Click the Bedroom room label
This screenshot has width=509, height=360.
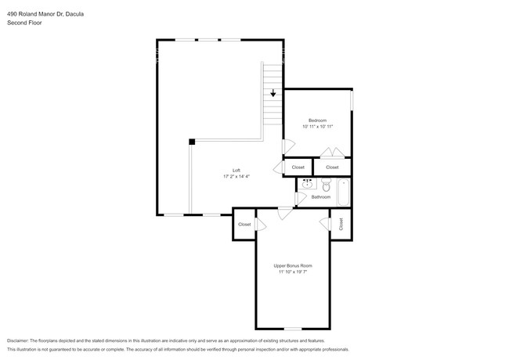[x=318, y=121]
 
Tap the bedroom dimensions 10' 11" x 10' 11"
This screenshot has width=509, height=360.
[x=318, y=127]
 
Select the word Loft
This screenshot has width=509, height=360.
[x=236, y=171]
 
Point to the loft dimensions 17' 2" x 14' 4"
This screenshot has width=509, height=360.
[x=236, y=177]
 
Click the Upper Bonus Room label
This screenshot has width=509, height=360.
[x=292, y=266]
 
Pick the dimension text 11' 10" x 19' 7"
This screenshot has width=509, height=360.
[x=292, y=272]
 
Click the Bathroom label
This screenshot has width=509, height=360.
[x=321, y=197]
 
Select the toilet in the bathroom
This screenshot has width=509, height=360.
[x=326, y=185]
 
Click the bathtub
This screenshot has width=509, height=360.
[x=343, y=192]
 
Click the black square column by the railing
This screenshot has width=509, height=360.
[x=191, y=142]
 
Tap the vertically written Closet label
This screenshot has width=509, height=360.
[x=341, y=224]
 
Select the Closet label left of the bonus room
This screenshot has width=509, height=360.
[x=244, y=225]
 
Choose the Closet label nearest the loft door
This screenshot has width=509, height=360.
[x=298, y=167]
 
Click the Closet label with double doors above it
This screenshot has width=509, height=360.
[x=332, y=167]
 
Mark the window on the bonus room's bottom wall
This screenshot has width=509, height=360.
[x=292, y=328]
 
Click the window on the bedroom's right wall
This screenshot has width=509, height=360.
[x=352, y=99]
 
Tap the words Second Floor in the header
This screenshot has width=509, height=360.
[x=24, y=23]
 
